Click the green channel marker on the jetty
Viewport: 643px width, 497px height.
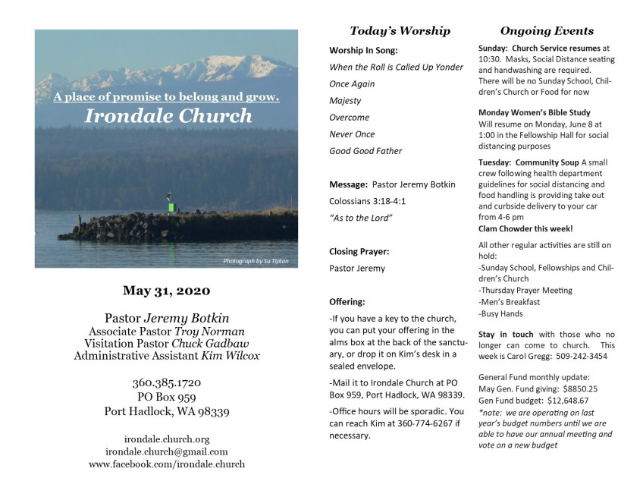point(171,206)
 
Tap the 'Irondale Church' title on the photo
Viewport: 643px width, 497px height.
point(168,116)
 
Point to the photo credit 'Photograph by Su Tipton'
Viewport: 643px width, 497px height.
point(256,261)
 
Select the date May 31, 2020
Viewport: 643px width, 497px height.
point(167,290)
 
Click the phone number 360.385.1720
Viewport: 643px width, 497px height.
point(167,382)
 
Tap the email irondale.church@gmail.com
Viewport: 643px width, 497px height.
point(167,451)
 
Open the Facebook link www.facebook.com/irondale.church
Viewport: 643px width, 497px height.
point(167,464)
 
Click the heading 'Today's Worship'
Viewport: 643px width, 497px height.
point(400,31)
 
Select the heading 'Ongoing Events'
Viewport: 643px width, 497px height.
point(547,31)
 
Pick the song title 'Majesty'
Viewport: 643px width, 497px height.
point(345,100)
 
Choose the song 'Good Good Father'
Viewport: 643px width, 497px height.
point(365,150)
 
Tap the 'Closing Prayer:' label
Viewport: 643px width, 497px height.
point(359,251)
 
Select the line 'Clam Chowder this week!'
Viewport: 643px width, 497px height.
point(525,228)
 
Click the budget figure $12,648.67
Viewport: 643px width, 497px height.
point(560,400)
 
